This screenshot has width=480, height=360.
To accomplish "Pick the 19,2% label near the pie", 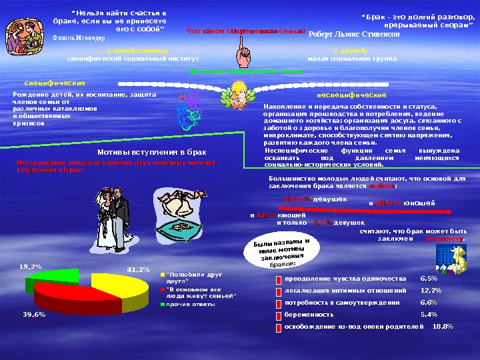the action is (x=31, y=266).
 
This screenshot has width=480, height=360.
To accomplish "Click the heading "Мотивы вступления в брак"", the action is (x=153, y=153).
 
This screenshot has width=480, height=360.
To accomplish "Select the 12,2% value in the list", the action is (x=431, y=290).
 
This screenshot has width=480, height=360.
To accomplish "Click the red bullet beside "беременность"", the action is (x=278, y=315).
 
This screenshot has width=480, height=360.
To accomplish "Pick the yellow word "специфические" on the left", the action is (x=55, y=83).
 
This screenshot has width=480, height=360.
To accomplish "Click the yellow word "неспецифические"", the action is (x=347, y=96).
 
